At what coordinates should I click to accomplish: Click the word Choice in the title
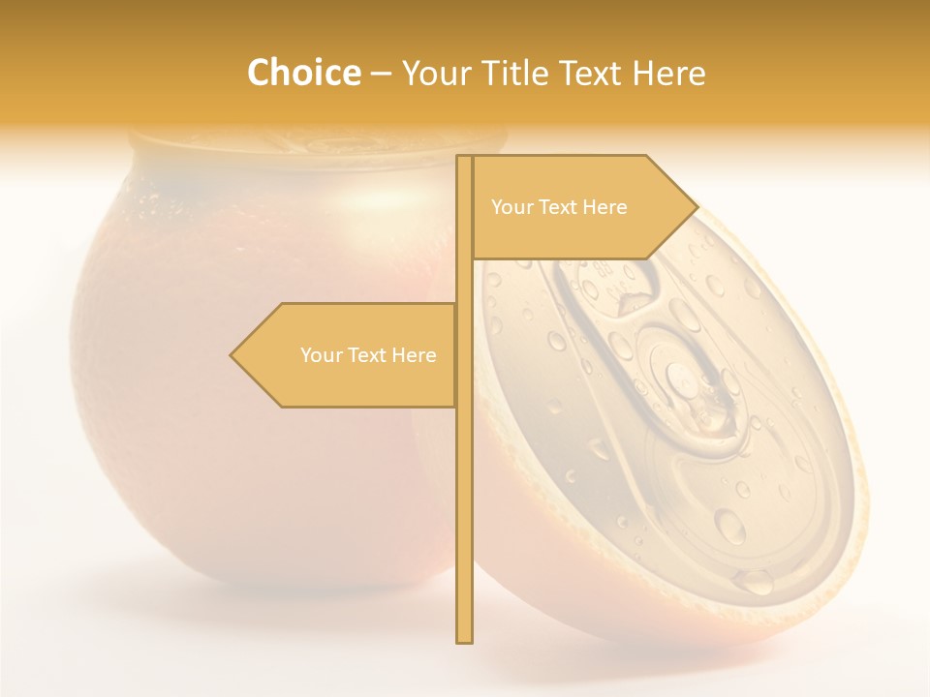pos(303,73)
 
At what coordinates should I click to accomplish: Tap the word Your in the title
pos(435,74)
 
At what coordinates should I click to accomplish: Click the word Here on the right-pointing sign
pos(604,207)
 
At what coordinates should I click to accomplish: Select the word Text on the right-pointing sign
pos(557,207)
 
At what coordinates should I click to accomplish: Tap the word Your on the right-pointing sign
pos(511,207)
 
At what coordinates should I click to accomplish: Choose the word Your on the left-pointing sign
pos(321,355)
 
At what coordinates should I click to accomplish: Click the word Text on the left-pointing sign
pos(366,355)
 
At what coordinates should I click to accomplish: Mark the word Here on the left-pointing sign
pos(413,355)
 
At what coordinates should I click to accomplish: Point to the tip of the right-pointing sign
pos(696,206)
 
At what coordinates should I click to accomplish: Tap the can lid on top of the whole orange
pos(320,145)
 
